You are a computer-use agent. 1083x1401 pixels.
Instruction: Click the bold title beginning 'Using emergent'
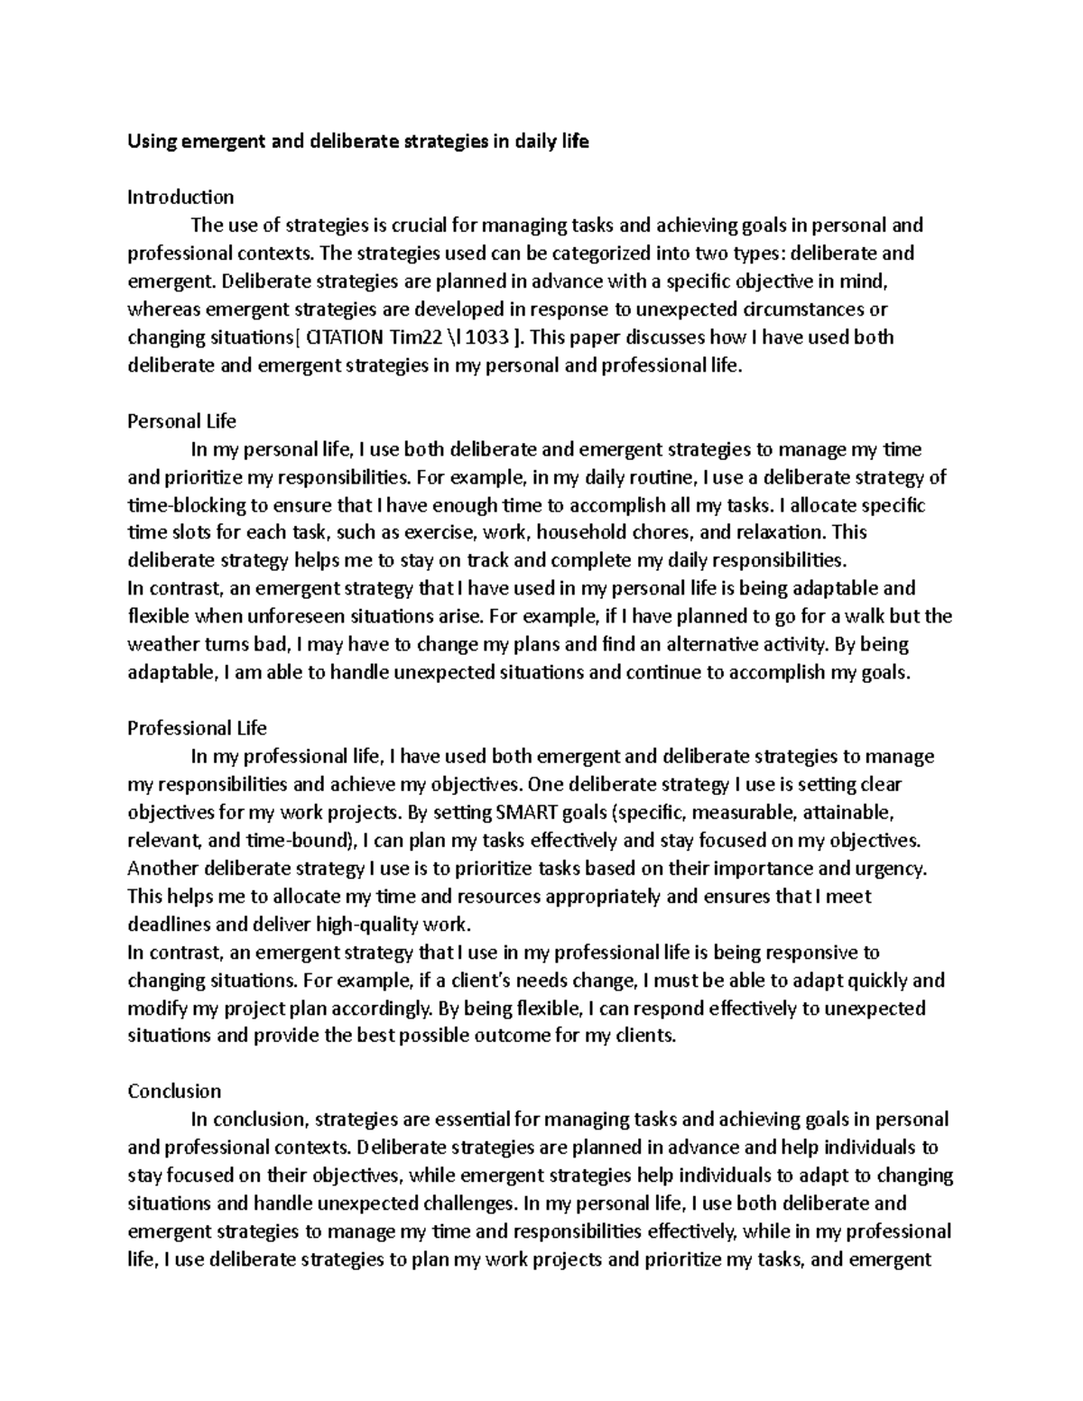tap(358, 142)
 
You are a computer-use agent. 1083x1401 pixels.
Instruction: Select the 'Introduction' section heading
tap(180, 198)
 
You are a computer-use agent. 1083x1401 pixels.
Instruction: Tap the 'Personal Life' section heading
tap(181, 421)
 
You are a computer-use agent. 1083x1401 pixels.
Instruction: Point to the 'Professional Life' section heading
tap(197, 728)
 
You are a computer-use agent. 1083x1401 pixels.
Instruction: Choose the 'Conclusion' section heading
tap(174, 1092)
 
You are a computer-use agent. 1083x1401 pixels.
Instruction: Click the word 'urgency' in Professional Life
tap(893, 869)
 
